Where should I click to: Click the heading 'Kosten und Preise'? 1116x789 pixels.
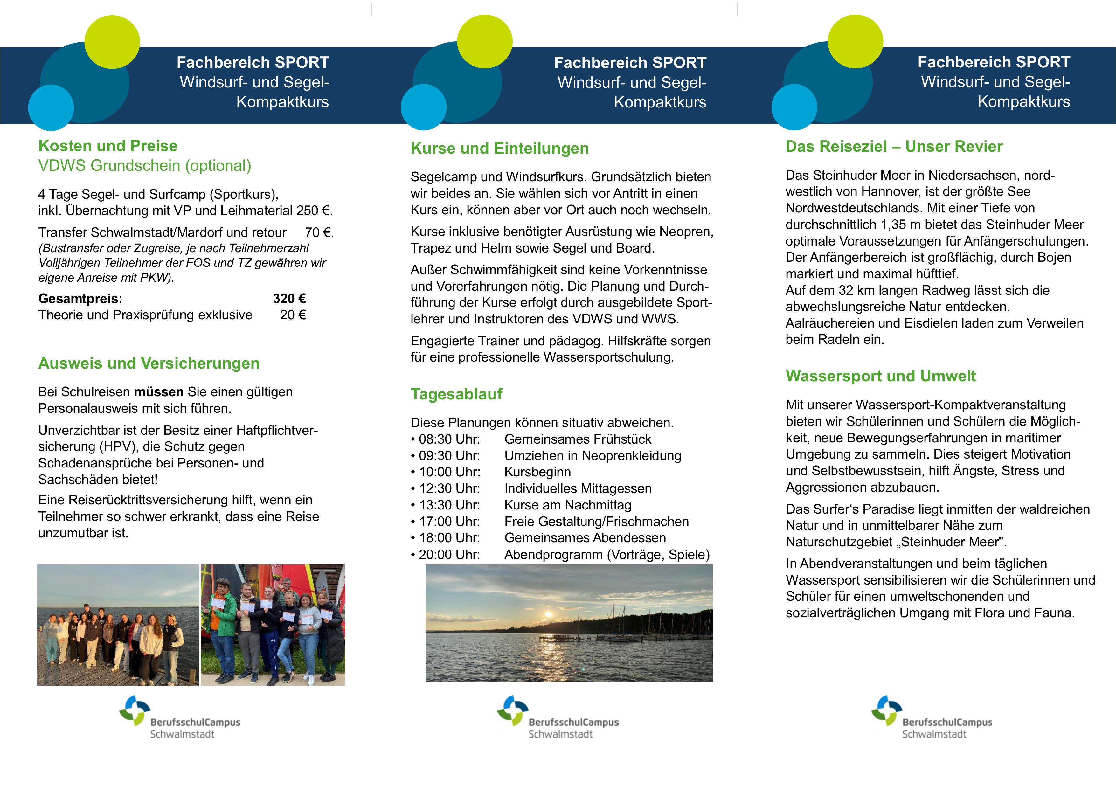tap(108, 146)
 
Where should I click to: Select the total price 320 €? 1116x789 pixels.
tap(289, 299)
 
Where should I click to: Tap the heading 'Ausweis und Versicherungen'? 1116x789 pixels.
tap(149, 363)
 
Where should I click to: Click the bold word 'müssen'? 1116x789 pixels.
tap(159, 392)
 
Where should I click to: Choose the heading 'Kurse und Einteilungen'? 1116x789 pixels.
tap(500, 148)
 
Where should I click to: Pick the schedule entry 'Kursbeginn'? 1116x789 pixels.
tap(537, 472)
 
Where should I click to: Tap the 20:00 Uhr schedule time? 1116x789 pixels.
tap(449, 555)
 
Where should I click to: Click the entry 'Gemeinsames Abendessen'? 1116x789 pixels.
tap(585, 538)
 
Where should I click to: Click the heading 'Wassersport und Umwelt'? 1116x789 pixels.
tap(881, 376)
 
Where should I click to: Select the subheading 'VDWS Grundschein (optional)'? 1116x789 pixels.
tap(145, 166)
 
